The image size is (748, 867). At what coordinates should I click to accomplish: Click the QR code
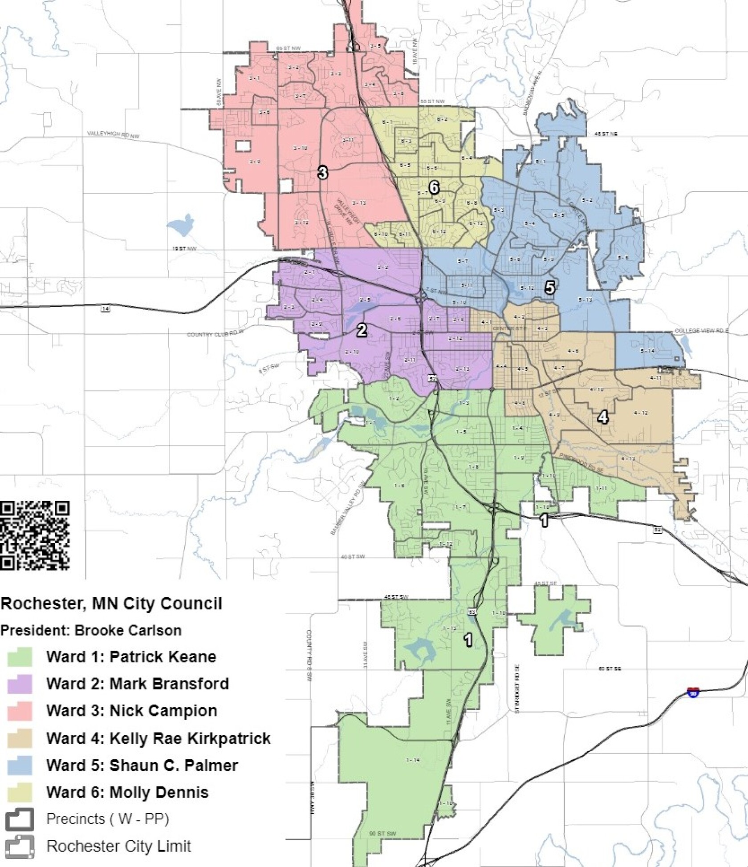35,535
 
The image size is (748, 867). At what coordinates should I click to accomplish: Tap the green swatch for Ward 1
20,657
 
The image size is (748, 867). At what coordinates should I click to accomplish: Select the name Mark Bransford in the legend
169,684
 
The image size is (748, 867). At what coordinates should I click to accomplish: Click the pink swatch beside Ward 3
20,711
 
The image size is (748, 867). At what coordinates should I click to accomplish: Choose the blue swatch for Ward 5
20,766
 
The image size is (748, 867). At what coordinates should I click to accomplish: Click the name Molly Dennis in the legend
159,793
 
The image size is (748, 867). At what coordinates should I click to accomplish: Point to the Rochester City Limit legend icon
20,846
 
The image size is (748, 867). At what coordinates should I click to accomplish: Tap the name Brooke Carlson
128,631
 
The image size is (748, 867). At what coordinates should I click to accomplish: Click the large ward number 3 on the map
322,172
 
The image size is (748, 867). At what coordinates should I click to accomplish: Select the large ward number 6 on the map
433,187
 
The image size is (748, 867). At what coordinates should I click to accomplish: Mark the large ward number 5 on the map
550,288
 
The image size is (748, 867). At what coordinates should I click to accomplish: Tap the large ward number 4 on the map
602,417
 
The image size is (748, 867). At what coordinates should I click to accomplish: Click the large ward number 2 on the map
362,330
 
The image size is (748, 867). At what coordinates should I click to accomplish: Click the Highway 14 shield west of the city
105,309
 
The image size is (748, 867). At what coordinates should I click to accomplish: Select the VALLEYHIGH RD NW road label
113,134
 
